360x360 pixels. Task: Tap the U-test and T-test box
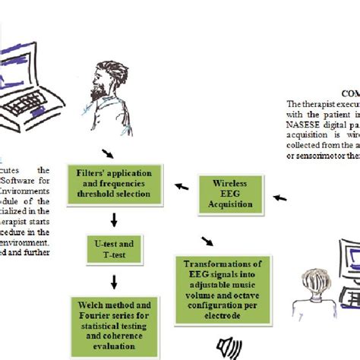114,249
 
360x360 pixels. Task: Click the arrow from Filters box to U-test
113,220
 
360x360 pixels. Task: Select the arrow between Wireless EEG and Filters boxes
182,183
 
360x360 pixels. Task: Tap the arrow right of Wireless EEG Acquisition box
280,197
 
